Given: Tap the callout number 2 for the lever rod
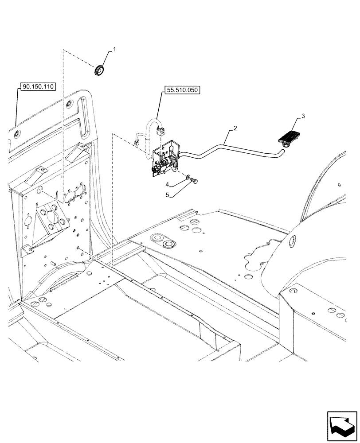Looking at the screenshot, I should pos(235,128).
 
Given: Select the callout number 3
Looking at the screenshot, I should pos(303,116).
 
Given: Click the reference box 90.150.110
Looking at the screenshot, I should pos(37,87).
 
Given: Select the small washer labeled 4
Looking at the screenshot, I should pos(189,178).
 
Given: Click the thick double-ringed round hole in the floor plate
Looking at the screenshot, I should pos(168,245).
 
